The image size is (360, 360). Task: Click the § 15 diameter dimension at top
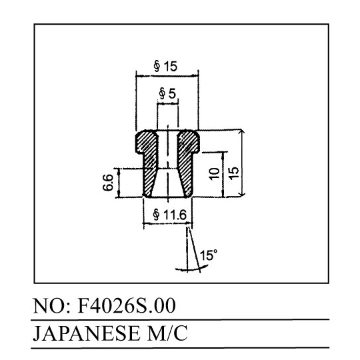coord(165,66)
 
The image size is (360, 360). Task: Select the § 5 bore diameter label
coord(167,94)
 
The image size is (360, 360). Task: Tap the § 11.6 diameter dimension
coord(170,215)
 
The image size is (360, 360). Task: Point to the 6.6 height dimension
coord(108,183)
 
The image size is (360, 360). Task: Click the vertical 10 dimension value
coord(214,174)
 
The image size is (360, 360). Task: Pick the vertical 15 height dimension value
coord(233,173)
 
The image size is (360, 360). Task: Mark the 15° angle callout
coord(208,255)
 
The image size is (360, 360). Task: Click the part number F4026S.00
coord(127,306)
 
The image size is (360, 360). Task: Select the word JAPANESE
coord(86,333)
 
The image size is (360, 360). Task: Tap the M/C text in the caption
coord(167,333)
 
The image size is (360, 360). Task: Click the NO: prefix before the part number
coord(52,306)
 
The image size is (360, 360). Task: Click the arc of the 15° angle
coord(191,269)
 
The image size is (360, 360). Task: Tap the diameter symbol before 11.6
coord(157,215)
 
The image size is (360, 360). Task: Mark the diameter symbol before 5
coord(162,94)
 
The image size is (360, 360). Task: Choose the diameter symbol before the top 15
coord(157,66)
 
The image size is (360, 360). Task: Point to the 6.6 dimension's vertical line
coord(119,183)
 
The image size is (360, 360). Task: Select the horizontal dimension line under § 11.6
coord(167,223)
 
